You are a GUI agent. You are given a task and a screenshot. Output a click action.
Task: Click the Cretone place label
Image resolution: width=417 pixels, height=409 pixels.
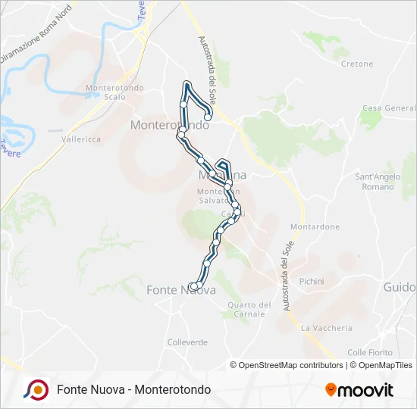tap(357, 64)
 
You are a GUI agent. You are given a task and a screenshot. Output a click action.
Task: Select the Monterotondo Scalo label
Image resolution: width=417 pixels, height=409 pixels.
tap(106, 92)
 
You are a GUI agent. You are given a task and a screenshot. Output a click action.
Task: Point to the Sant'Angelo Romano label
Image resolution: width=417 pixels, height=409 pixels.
tap(378, 182)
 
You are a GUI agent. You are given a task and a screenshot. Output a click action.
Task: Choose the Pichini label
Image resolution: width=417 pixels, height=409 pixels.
tap(312, 281)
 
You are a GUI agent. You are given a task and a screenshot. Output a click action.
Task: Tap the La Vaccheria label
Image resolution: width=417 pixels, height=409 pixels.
tap(327, 328)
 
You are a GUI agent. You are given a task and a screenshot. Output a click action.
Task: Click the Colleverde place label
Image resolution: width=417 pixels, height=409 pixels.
tap(187, 342)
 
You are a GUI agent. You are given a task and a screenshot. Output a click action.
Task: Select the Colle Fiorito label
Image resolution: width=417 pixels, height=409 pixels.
tap(369, 352)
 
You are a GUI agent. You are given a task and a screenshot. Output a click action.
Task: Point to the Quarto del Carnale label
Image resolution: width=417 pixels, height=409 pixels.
tap(249, 309)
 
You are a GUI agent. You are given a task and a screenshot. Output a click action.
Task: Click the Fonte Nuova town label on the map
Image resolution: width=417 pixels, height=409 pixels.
tap(171, 290)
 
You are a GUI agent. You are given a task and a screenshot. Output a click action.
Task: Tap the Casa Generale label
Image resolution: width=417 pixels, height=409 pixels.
tap(388, 108)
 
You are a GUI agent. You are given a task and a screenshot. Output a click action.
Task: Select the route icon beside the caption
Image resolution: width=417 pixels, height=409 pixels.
tap(36, 389)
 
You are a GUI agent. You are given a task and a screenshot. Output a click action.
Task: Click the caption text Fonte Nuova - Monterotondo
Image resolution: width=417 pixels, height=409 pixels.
tap(133, 390)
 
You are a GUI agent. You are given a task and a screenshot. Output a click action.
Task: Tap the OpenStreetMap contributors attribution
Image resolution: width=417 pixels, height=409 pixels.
tap(291, 365)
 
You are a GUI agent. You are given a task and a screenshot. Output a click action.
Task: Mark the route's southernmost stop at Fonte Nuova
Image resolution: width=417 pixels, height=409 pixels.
tap(193, 286)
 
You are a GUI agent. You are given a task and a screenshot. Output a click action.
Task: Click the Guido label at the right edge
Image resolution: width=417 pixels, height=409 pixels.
tap(400, 288)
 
